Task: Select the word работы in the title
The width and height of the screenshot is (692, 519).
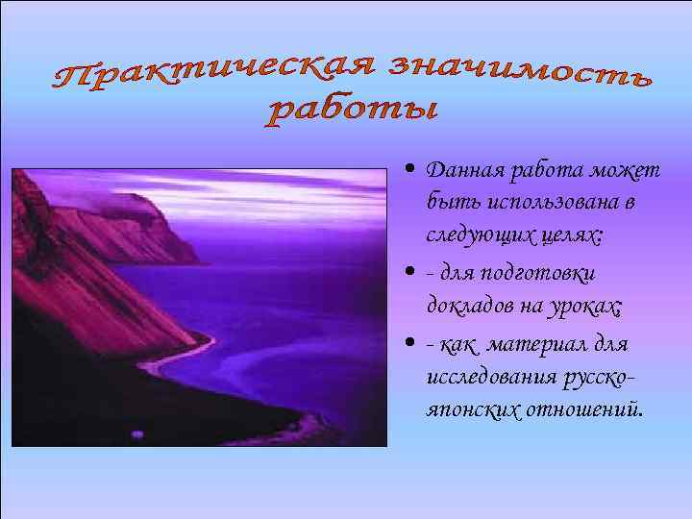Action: coord(350,111)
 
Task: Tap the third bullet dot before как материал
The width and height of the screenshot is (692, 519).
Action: coord(409,344)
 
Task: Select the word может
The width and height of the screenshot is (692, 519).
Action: coord(629,171)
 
